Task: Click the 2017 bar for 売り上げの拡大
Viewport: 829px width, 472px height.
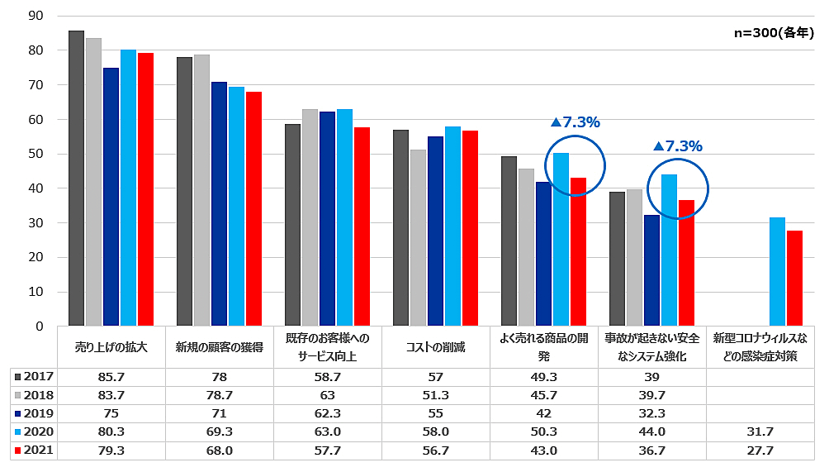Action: [x=76, y=178]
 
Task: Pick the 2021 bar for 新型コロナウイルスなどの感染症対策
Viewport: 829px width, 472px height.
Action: [x=794, y=278]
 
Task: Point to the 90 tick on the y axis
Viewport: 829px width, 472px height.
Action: [x=36, y=16]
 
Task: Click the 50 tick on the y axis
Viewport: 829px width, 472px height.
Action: [x=36, y=154]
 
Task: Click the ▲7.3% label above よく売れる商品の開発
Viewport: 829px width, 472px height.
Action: [x=575, y=122]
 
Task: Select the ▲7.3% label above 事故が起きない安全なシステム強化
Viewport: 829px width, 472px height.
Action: [x=677, y=146]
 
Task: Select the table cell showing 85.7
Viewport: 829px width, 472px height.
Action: [x=111, y=377]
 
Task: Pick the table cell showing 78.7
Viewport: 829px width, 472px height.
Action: [x=219, y=395]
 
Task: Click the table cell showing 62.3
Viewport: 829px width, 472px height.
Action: [x=327, y=413]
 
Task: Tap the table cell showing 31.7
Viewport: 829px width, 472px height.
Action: [x=760, y=432]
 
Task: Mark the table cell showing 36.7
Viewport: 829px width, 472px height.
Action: [x=651, y=451]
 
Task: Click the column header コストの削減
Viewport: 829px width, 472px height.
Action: [x=435, y=347]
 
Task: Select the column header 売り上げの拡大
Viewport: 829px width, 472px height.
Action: [x=111, y=347]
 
